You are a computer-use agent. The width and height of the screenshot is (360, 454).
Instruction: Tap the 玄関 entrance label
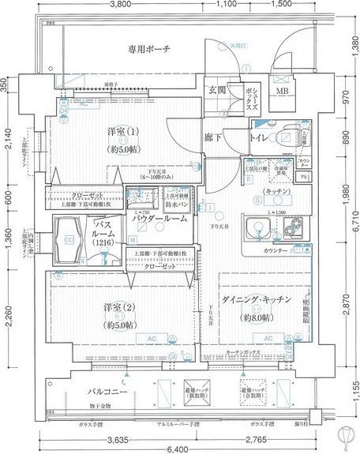[217, 90]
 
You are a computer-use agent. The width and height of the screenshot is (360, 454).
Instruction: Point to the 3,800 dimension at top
[120, 5]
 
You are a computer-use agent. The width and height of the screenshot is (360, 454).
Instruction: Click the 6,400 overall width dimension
[179, 448]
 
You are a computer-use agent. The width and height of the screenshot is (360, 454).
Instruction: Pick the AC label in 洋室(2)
[146, 338]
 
